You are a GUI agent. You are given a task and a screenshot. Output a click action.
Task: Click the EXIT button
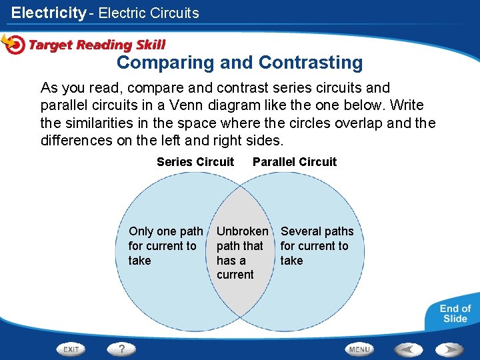coord(72,349)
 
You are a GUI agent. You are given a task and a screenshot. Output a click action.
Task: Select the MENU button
coord(359,349)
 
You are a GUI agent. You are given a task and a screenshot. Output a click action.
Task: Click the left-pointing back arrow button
coord(407,349)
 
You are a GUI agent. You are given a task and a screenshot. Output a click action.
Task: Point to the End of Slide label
coord(455,313)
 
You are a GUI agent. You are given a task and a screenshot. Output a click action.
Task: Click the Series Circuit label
coord(195,162)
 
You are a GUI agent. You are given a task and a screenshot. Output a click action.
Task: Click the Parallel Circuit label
coord(295,162)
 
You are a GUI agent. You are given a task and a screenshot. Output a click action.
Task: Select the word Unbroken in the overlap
coord(243,231)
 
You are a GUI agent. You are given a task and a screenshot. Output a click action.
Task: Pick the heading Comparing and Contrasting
coord(240,63)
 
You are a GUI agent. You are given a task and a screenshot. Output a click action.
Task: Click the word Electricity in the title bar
coord(49,13)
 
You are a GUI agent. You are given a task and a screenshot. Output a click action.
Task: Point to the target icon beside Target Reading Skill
coord(13,44)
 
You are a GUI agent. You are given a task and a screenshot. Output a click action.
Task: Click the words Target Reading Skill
coord(97,45)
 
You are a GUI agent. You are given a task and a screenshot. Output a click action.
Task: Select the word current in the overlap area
coord(235,275)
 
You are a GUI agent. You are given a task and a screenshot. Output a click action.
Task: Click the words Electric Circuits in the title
coord(149,13)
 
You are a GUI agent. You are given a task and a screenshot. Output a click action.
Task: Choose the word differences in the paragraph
coord(74,141)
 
